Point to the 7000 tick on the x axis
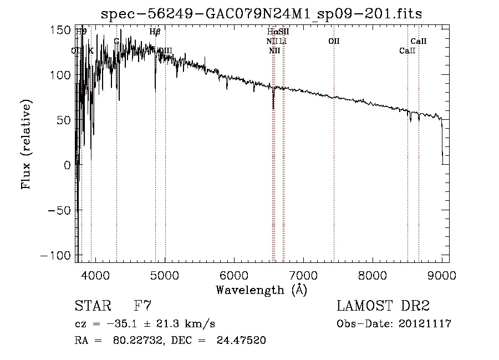[x=303, y=275]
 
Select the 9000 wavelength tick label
[x=442, y=275]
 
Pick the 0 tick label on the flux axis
[x=67, y=165]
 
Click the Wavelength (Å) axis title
[x=261, y=290]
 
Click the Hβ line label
[x=155, y=32]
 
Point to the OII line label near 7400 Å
[x=334, y=42]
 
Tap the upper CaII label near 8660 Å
[x=419, y=42]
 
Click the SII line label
[x=284, y=32]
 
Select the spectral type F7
[x=143, y=306]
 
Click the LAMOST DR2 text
[x=384, y=306]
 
